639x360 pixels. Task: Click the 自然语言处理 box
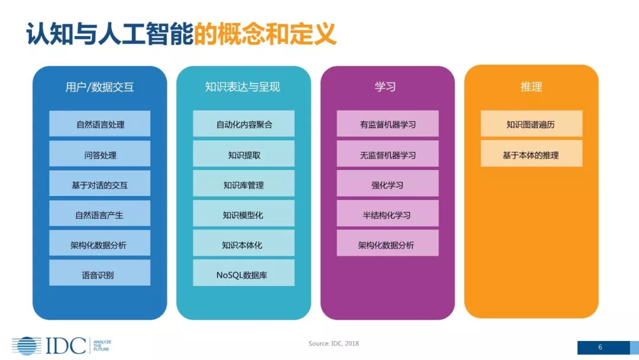(x=99, y=124)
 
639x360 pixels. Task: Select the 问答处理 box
(x=99, y=155)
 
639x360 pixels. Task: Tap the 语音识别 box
(x=99, y=274)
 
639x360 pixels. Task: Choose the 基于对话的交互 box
(x=99, y=185)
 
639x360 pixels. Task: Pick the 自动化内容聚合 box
(x=243, y=124)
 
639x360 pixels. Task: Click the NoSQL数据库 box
(x=243, y=274)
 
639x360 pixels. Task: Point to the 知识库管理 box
(x=243, y=185)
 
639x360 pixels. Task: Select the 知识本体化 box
(x=243, y=245)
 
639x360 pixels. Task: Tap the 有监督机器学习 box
(x=388, y=124)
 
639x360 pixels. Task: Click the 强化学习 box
(x=388, y=185)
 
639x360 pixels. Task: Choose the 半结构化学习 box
(x=388, y=214)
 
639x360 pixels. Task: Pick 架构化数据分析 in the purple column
(x=388, y=245)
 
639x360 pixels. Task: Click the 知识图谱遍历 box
(x=531, y=124)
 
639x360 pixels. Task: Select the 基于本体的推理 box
(x=531, y=155)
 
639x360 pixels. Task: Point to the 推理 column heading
(x=531, y=87)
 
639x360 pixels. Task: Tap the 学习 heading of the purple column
(x=385, y=87)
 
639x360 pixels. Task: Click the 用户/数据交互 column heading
(x=99, y=87)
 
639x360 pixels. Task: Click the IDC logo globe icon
(x=27, y=346)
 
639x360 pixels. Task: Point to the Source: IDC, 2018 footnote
(x=334, y=343)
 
